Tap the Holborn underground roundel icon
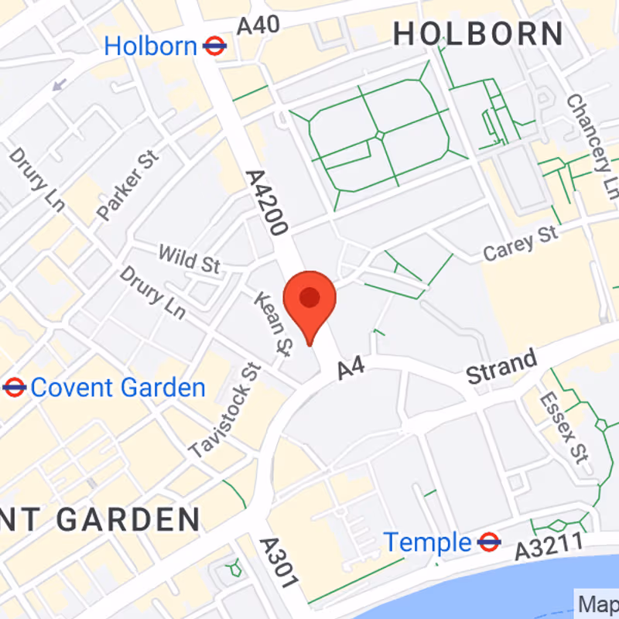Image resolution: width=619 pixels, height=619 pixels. point(214,46)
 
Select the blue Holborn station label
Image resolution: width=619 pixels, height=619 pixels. point(151,46)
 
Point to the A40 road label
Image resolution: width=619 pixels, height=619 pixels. point(258,26)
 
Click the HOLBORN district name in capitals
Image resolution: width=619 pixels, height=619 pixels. point(478,34)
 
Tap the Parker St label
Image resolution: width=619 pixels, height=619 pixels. point(128,186)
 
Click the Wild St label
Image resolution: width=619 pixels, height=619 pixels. point(189,258)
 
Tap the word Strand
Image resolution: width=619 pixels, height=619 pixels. point(501,368)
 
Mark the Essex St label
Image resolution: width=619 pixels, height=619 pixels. point(563,426)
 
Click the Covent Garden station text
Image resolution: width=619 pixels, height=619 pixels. point(118,388)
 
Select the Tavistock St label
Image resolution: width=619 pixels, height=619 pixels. point(225,410)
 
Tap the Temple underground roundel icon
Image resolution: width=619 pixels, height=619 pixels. point(488,542)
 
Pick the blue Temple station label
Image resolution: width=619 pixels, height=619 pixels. point(428,542)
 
